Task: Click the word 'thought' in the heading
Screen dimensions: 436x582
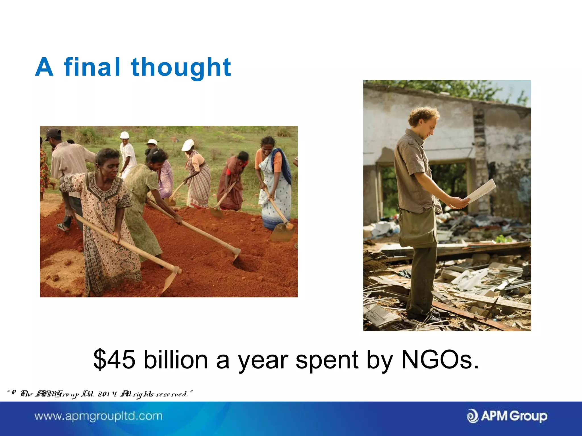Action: point(181,67)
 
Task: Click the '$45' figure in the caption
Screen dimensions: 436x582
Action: point(114,360)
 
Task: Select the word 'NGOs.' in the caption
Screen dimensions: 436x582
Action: point(440,360)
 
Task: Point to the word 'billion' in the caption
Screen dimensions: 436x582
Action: point(176,360)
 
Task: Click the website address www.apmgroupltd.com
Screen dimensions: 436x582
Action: point(98,416)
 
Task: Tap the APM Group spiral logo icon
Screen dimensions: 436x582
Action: point(473,416)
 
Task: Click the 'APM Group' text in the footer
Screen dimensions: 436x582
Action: point(514,416)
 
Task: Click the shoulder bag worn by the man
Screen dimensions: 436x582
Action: point(417,227)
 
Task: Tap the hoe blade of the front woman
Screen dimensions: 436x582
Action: point(171,280)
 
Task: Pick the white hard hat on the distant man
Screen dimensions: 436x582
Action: point(124,135)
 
